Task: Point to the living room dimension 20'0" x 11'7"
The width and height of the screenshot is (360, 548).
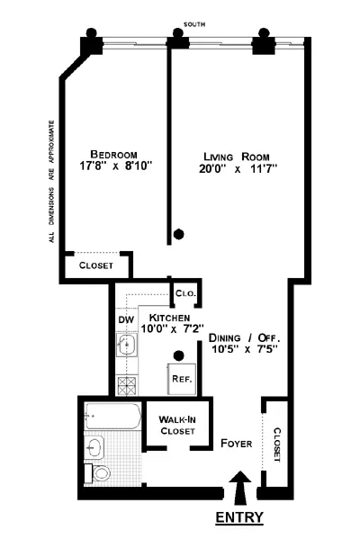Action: [238, 167]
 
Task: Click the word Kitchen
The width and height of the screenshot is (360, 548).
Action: [168, 319]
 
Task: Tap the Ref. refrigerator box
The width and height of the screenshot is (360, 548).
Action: [180, 379]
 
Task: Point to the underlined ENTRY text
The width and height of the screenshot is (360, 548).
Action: [239, 517]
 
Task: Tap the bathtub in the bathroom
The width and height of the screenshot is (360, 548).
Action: [111, 416]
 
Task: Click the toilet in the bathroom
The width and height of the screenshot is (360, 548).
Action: [99, 472]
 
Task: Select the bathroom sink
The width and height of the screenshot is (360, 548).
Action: [96, 445]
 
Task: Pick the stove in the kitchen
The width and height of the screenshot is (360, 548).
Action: [125, 386]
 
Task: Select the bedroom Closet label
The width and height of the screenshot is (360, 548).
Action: [95, 265]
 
